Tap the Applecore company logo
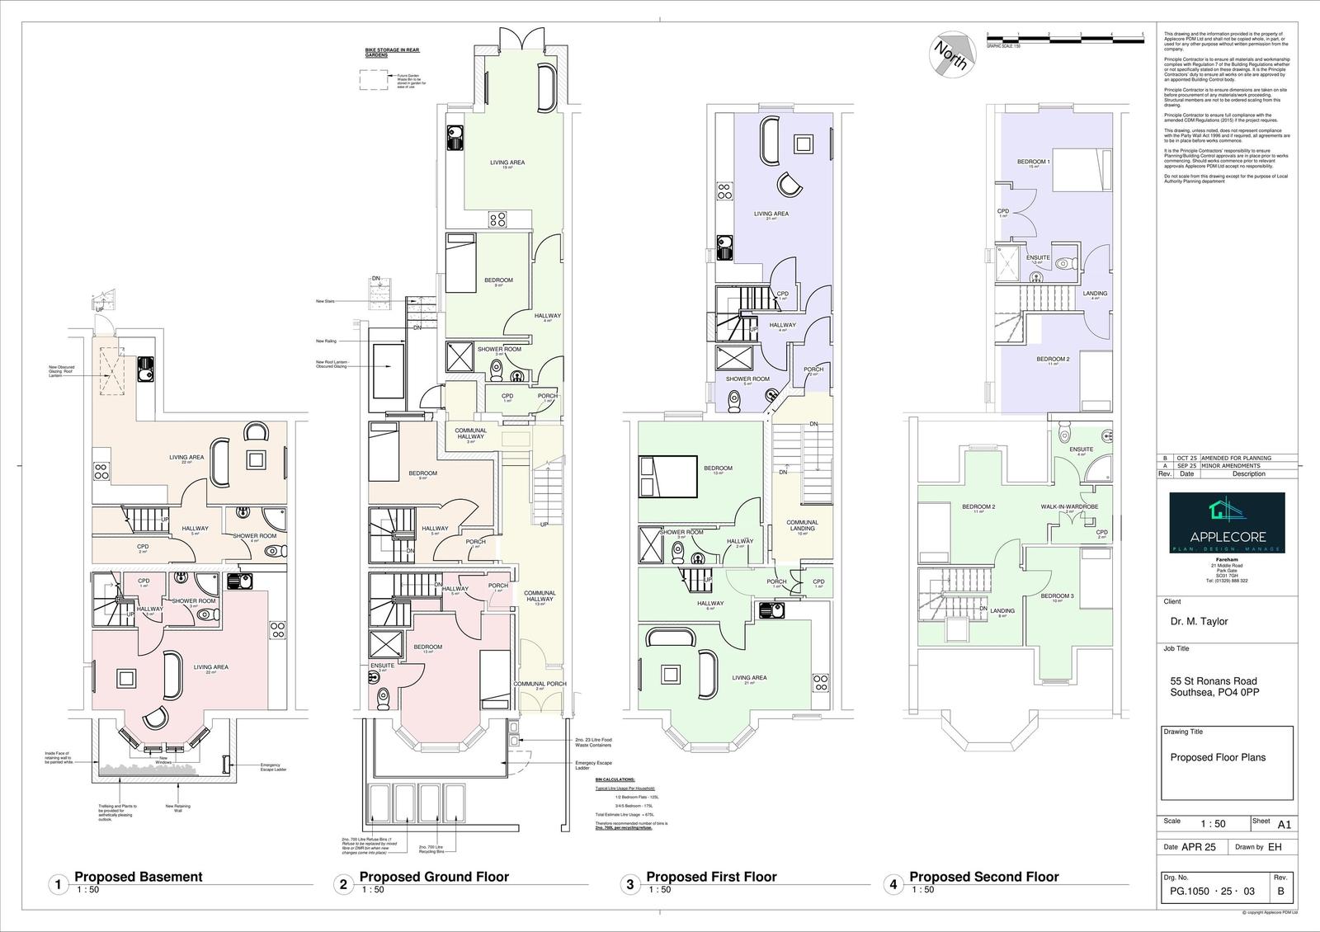tap(1228, 523)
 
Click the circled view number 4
tap(892, 886)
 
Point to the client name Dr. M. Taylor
tap(1199, 621)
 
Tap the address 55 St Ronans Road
tap(1214, 681)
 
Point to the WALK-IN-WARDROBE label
tap(1069, 506)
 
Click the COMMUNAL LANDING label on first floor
tap(802, 525)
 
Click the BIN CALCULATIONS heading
tap(615, 779)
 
